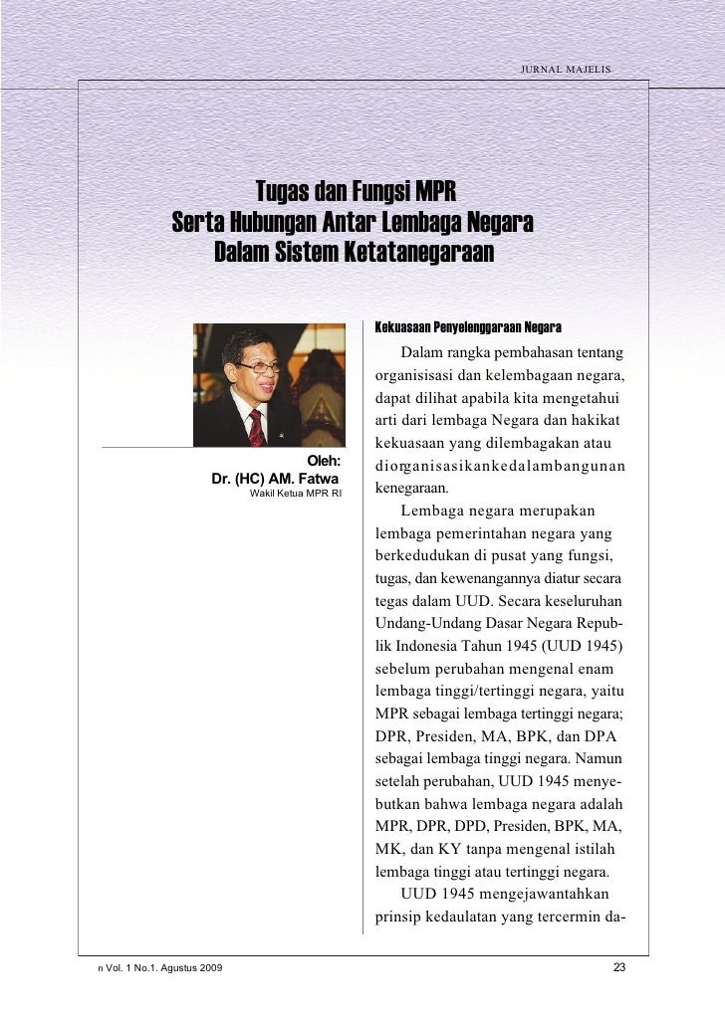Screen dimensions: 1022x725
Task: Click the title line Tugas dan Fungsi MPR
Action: (x=356, y=190)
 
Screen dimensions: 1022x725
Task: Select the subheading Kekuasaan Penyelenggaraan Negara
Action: (x=467, y=327)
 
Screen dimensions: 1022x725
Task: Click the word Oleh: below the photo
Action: (x=323, y=461)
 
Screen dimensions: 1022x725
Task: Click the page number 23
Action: (x=619, y=968)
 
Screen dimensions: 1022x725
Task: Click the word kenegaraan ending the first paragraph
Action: (x=411, y=489)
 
